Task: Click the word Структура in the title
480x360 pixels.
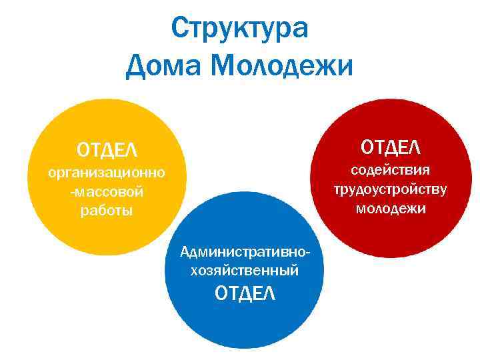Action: pos(240,29)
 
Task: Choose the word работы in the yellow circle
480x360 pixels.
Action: pos(107,211)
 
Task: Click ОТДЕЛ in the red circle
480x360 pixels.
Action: pos(391,145)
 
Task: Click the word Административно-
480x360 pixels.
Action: pos(245,253)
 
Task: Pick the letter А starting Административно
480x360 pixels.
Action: pos(185,253)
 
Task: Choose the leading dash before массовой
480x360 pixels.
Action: pos(81,193)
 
